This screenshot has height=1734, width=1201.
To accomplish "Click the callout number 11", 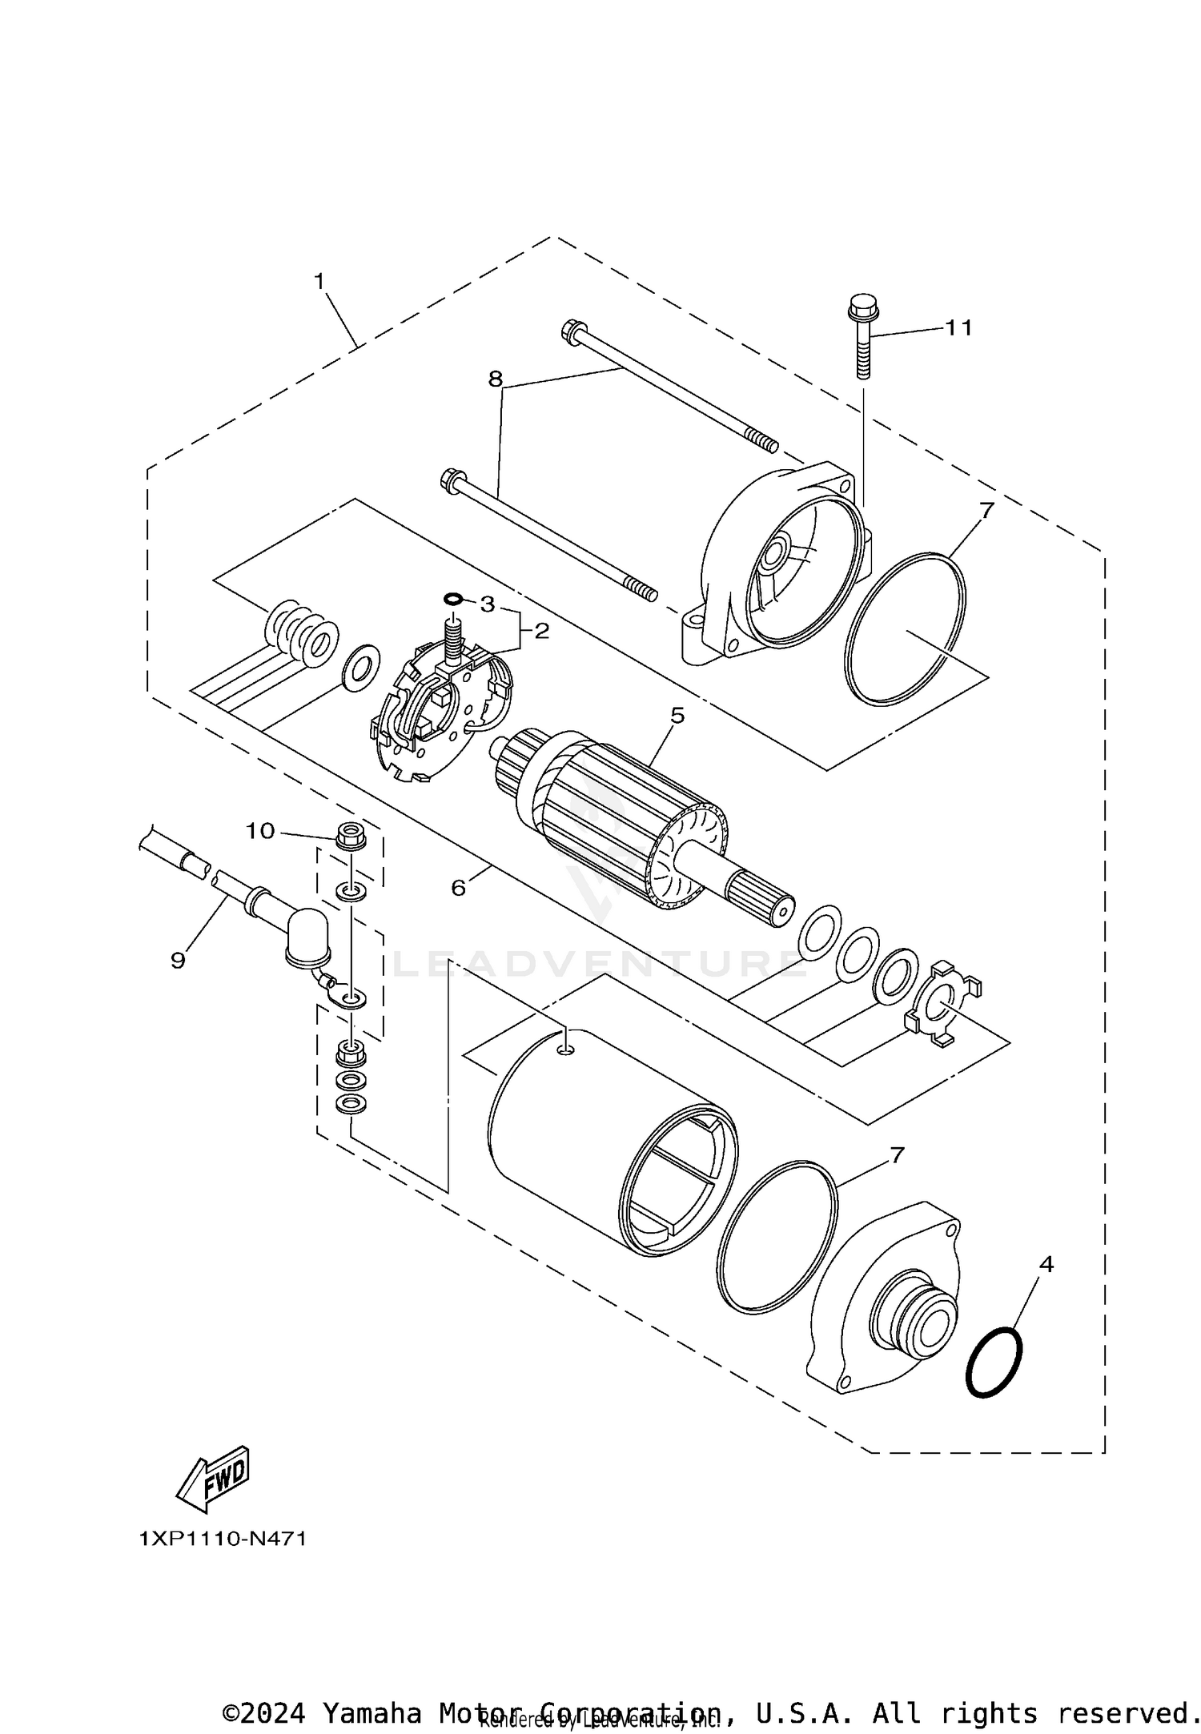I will tap(958, 327).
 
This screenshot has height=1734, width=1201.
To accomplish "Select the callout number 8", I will tap(496, 379).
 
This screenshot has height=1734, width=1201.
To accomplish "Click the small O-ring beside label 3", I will tap(452, 599).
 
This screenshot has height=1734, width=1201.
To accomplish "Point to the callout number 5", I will tap(677, 715).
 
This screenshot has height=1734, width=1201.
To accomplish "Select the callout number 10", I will tap(259, 831).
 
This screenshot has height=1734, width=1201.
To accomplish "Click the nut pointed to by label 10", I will tap(349, 836).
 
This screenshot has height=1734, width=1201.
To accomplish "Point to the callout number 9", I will tap(178, 960).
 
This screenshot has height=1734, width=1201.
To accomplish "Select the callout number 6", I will tap(458, 887).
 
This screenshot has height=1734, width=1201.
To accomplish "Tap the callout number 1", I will tap(319, 281).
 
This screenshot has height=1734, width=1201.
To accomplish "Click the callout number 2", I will tap(542, 631).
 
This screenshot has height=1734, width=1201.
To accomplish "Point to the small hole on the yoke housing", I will tap(567, 1046).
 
